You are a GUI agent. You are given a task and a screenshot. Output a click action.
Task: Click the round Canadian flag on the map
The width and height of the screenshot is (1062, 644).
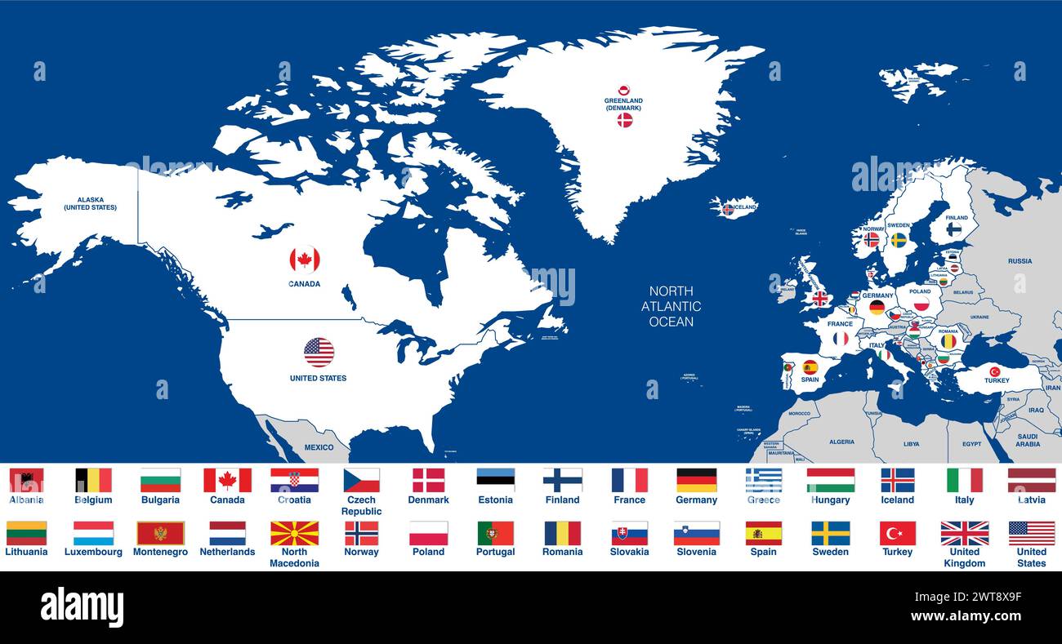pyautogui.click(x=304, y=260)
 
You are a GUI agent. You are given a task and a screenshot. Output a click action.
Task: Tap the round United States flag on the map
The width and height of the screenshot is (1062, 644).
pyautogui.click(x=319, y=353)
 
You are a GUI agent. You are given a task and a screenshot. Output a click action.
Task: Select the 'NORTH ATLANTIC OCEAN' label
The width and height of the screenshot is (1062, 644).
pyautogui.click(x=671, y=306)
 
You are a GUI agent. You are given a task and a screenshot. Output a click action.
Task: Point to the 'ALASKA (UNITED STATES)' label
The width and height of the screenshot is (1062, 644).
pyautogui.click(x=90, y=203)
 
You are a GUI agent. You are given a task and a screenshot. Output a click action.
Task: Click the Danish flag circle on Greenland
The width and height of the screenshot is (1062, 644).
pyautogui.click(x=625, y=120)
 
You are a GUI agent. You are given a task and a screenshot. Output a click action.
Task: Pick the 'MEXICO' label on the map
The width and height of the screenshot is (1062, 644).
pyautogui.click(x=319, y=447)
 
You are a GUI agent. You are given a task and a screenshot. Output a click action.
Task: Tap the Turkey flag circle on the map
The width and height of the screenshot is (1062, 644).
pyautogui.click(x=995, y=371)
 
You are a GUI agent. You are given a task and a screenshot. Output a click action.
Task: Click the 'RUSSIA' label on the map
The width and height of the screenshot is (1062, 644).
pyautogui.click(x=1020, y=261)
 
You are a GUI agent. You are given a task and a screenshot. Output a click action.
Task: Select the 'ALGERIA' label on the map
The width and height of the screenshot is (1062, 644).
pyautogui.click(x=841, y=442)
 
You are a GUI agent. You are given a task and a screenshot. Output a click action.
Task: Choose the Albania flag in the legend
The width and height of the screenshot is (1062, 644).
pyautogui.click(x=26, y=480)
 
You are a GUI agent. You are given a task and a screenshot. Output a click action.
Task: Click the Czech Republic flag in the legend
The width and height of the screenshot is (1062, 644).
pyautogui.click(x=361, y=480)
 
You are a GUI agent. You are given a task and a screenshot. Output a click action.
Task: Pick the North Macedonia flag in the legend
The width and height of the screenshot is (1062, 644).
pyautogui.click(x=294, y=533)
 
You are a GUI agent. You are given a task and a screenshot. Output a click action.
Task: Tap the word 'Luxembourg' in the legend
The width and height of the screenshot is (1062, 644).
pyautogui.click(x=93, y=552)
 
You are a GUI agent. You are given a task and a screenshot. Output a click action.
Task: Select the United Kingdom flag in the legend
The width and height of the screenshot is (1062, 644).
pyautogui.click(x=964, y=533)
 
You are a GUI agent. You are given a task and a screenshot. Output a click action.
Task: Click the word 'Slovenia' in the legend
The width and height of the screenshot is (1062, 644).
pyautogui.click(x=696, y=552)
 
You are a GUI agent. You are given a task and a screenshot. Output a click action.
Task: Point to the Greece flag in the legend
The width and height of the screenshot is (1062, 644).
pyautogui.click(x=763, y=480)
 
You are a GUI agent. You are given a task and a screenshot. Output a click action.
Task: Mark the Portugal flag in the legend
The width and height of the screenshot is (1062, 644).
pyautogui.click(x=495, y=533)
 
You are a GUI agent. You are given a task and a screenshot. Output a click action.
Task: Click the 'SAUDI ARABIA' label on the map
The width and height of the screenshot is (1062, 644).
pyautogui.click(x=1028, y=439)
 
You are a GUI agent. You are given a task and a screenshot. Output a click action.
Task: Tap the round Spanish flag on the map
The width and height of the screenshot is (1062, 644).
pyautogui.click(x=810, y=367)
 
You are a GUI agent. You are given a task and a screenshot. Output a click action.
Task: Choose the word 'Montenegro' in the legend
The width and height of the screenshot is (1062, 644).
pyautogui.click(x=160, y=552)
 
